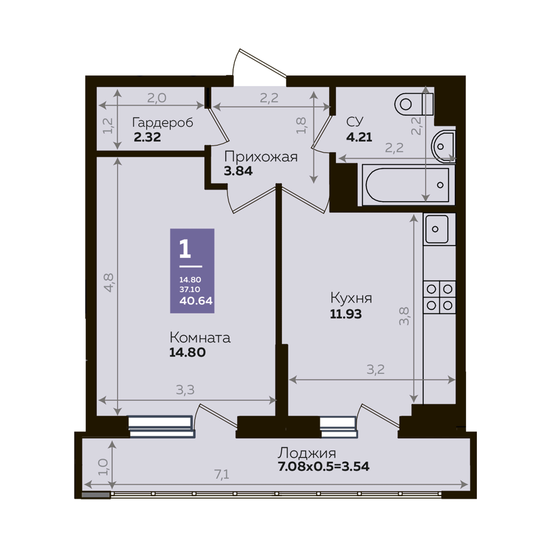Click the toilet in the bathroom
click(x=414, y=104)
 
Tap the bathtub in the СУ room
click(x=407, y=185)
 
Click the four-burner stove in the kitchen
click(x=439, y=297)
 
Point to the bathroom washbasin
click(x=443, y=147)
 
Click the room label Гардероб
click(x=163, y=123)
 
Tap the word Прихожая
click(x=261, y=157)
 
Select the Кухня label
click(x=351, y=298)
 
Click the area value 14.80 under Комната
click(x=187, y=352)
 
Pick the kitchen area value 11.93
click(x=346, y=314)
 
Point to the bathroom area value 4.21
click(x=359, y=137)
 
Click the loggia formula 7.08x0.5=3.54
click(x=324, y=467)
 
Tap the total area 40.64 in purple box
click(x=196, y=301)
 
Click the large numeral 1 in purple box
click(x=185, y=249)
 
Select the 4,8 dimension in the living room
click(x=109, y=283)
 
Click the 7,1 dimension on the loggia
click(x=222, y=474)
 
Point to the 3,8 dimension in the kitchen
click(x=404, y=316)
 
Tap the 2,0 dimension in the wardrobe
click(x=157, y=98)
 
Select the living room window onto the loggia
click(x=161, y=427)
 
